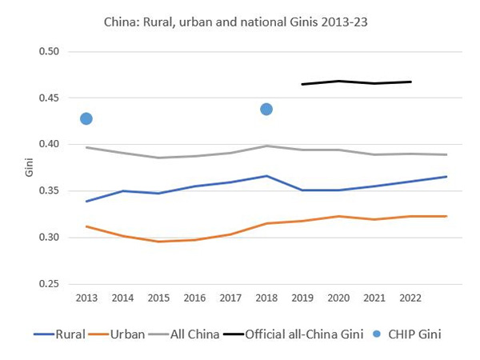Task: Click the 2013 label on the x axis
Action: (86, 297)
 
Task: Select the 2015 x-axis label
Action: (158, 297)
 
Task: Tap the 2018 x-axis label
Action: (266, 297)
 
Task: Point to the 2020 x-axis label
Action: (338, 297)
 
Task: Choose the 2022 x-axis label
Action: (410, 297)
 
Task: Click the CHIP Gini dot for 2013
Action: (86, 118)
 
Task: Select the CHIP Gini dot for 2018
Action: (266, 109)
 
